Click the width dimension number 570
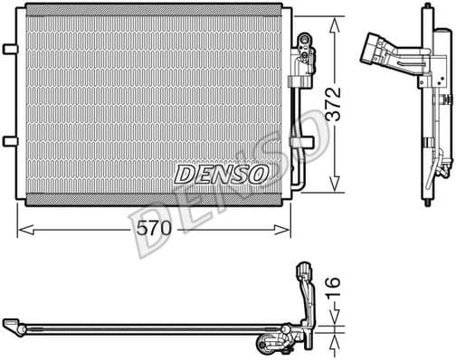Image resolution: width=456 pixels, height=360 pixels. pos(154,229)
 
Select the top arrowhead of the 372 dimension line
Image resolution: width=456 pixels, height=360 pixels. pos(336,10)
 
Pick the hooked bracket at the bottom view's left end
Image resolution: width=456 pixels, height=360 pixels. pos(13,323)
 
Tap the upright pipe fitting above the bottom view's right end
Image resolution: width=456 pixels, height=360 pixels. pos(303,274)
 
